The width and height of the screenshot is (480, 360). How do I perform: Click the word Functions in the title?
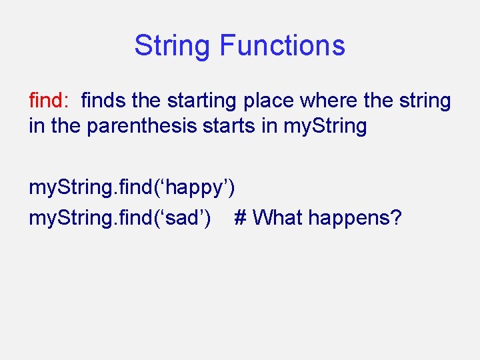coord(282,45)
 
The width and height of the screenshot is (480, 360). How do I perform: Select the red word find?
coord(49,101)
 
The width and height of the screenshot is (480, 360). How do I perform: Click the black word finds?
coord(104,101)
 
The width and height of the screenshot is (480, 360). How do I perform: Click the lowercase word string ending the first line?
coord(426,101)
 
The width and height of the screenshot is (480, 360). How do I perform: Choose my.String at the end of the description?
coord(325,126)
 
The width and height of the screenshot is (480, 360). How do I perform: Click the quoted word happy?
coord(197,189)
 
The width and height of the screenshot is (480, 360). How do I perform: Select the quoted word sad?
coord(185,217)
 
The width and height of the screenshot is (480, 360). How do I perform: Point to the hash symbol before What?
coord(241,217)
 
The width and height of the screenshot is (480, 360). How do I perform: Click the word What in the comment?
coord(278,217)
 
